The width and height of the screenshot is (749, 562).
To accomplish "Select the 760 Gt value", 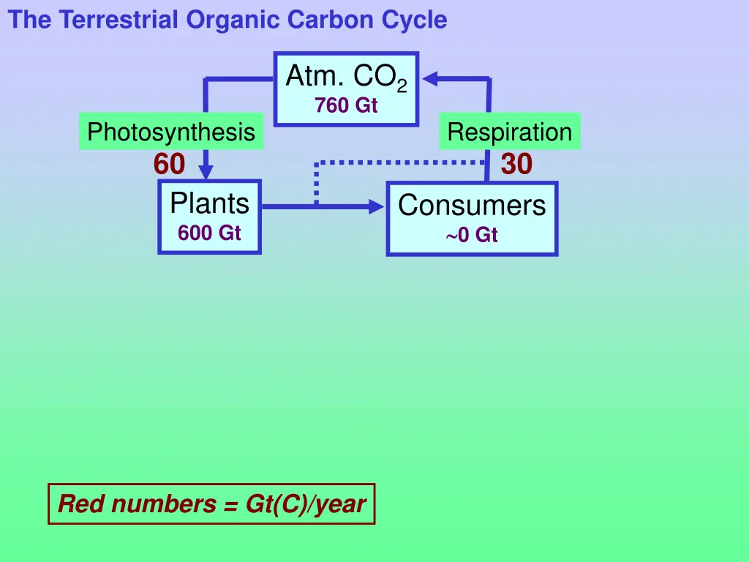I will click(x=346, y=106).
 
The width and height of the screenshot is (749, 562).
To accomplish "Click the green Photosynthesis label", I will click(x=171, y=132).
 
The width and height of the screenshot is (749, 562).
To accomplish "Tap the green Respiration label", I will click(x=510, y=132).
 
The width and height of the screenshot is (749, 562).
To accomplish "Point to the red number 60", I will click(x=169, y=165).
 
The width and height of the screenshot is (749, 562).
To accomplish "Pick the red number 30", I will click(x=516, y=165).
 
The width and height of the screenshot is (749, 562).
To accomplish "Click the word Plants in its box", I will click(x=210, y=203).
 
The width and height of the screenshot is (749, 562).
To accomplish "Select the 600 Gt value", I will click(x=209, y=233).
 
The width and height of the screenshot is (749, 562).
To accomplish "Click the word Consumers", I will click(x=472, y=205).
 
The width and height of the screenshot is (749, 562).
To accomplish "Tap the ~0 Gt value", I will click(x=472, y=236).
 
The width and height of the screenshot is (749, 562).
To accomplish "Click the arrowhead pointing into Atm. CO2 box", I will click(x=430, y=78).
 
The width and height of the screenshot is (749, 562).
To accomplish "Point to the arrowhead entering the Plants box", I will click(x=207, y=172).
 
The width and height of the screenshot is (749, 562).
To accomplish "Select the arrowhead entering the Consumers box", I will click(x=377, y=207).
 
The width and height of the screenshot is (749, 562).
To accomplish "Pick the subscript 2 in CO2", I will click(x=402, y=86).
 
